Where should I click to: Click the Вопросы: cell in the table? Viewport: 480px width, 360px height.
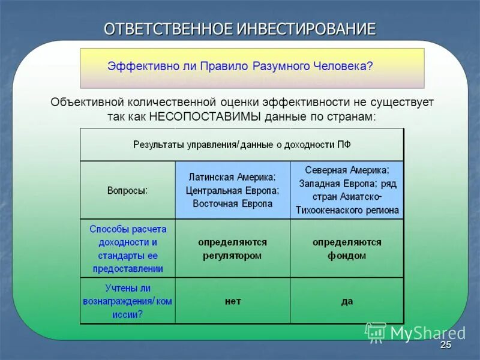click(x=128, y=190)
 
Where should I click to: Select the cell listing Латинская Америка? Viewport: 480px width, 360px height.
click(x=232, y=190)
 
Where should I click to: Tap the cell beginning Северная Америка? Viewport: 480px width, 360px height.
click(x=347, y=190)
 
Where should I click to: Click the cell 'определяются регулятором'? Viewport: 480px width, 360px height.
click(x=232, y=248)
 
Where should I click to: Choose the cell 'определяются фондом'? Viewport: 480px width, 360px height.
click(x=347, y=248)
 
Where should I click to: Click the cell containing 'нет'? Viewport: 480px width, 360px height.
click(x=232, y=301)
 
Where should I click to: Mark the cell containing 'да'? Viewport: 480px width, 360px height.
click(x=347, y=301)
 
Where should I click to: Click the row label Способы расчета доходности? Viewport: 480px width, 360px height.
click(x=128, y=248)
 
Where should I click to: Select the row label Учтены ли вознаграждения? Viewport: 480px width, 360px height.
click(x=128, y=301)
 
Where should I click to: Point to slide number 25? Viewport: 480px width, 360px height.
click(x=445, y=346)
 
